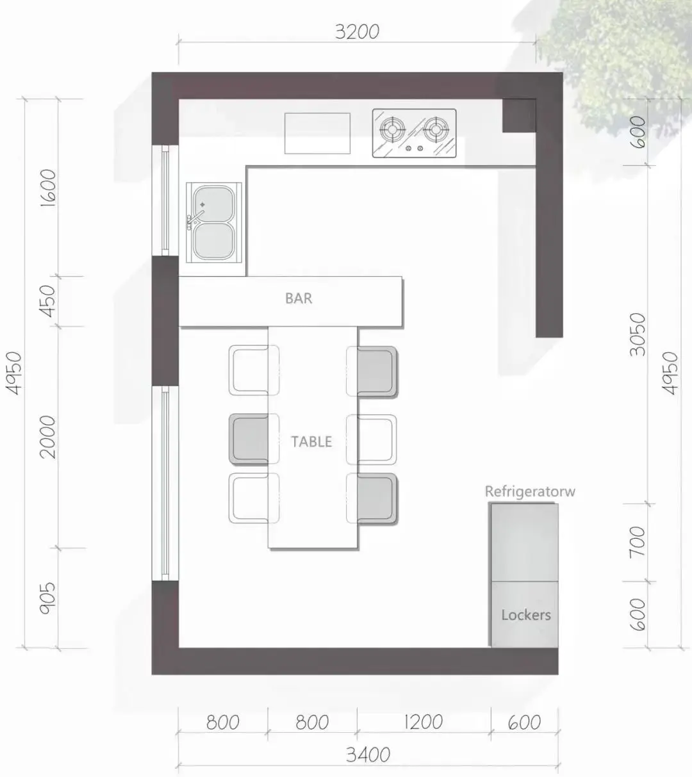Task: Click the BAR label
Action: (x=299, y=299)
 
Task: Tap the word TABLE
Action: (x=311, y=442)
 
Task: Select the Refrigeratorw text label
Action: (x=530, y=491)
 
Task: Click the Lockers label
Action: (x=526, y=615)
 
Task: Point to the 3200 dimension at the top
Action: (x=357, y=32)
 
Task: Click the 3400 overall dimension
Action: (x=368, y=755)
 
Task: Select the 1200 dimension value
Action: (x=423, y=723)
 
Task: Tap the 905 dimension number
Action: (x=47, y=598)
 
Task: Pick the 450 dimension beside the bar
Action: (x=48, y=301)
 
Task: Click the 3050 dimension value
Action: (x=638, y=334)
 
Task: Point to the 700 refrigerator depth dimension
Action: (x=638, y=542)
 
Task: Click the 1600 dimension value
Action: (x=48, y=188)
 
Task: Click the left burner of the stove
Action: (x=392, y=129)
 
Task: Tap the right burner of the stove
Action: (x=436, y=129)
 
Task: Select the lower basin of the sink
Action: (x=213, y=241)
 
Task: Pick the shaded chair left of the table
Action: (x=249, y=439)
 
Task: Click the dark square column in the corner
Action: (x=519, y=116)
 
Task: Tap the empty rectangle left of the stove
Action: (x=317, y=133)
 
